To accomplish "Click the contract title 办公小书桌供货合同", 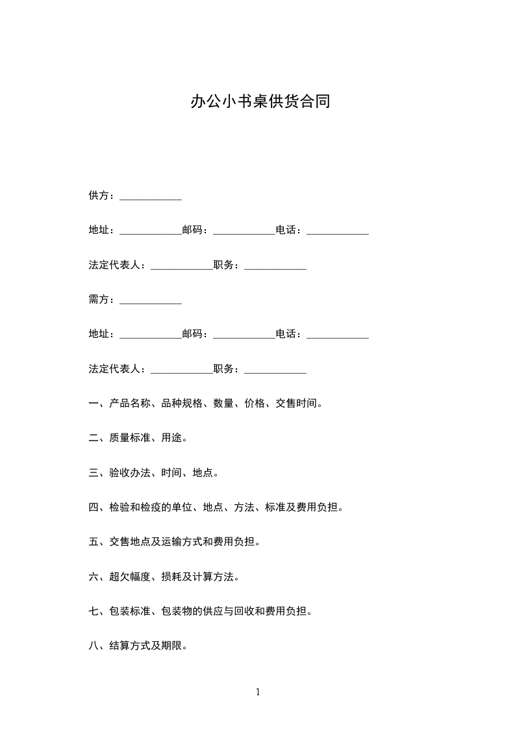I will (260, 101).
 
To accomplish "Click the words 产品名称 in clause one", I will (131, 403).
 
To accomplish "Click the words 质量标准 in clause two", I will (131, 438).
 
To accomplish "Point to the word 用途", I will (172, 438).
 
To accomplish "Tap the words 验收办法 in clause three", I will (131, 472).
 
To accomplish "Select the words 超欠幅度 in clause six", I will (131, 576).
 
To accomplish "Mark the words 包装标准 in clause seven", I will (131, 611).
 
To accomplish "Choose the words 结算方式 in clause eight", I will (131, 646).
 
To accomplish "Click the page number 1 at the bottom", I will (258, 692).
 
